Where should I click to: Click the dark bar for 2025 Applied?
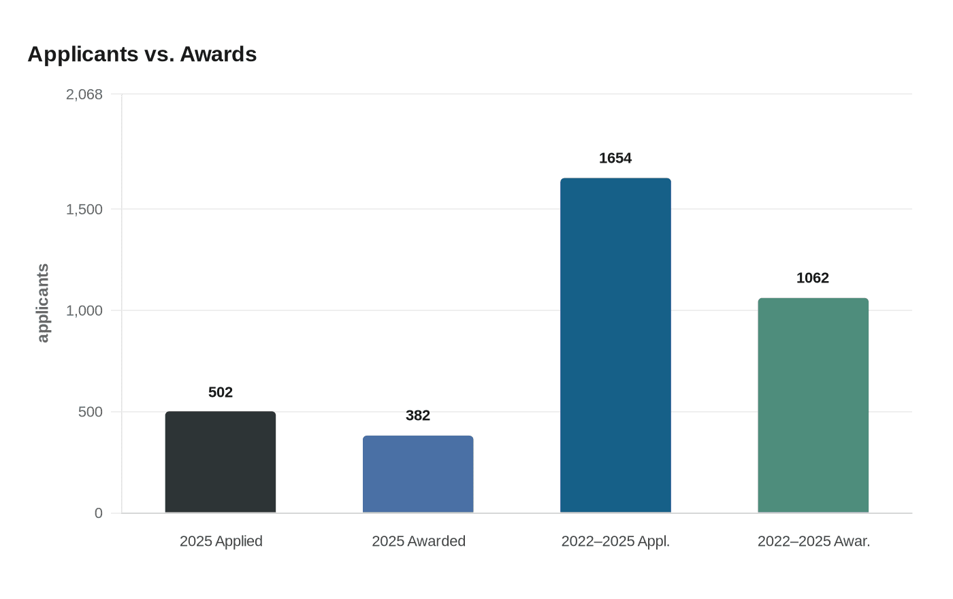[221, 462]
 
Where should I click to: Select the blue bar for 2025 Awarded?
[418, 474]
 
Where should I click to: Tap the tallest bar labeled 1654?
[615, 346]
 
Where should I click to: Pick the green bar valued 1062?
[813, 406]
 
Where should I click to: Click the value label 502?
[221, 392]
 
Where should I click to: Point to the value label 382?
[418, 415]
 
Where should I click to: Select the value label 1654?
[615, 158]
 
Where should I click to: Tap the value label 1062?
[813, 278]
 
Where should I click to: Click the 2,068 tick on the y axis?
[84, 95]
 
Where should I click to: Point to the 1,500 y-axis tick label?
[84, 210]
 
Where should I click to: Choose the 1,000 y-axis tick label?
[84, 311]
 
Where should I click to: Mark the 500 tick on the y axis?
[91, 412]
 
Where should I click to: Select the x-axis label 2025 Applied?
[221, 541]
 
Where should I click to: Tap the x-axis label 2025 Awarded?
[418, 541]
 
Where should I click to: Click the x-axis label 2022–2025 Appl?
[615, 541]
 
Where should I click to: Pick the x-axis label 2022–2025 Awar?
[813, 541]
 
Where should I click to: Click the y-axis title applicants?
[43, 303]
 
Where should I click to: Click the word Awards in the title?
[218, 54]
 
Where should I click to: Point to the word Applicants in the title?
[82, 54]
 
